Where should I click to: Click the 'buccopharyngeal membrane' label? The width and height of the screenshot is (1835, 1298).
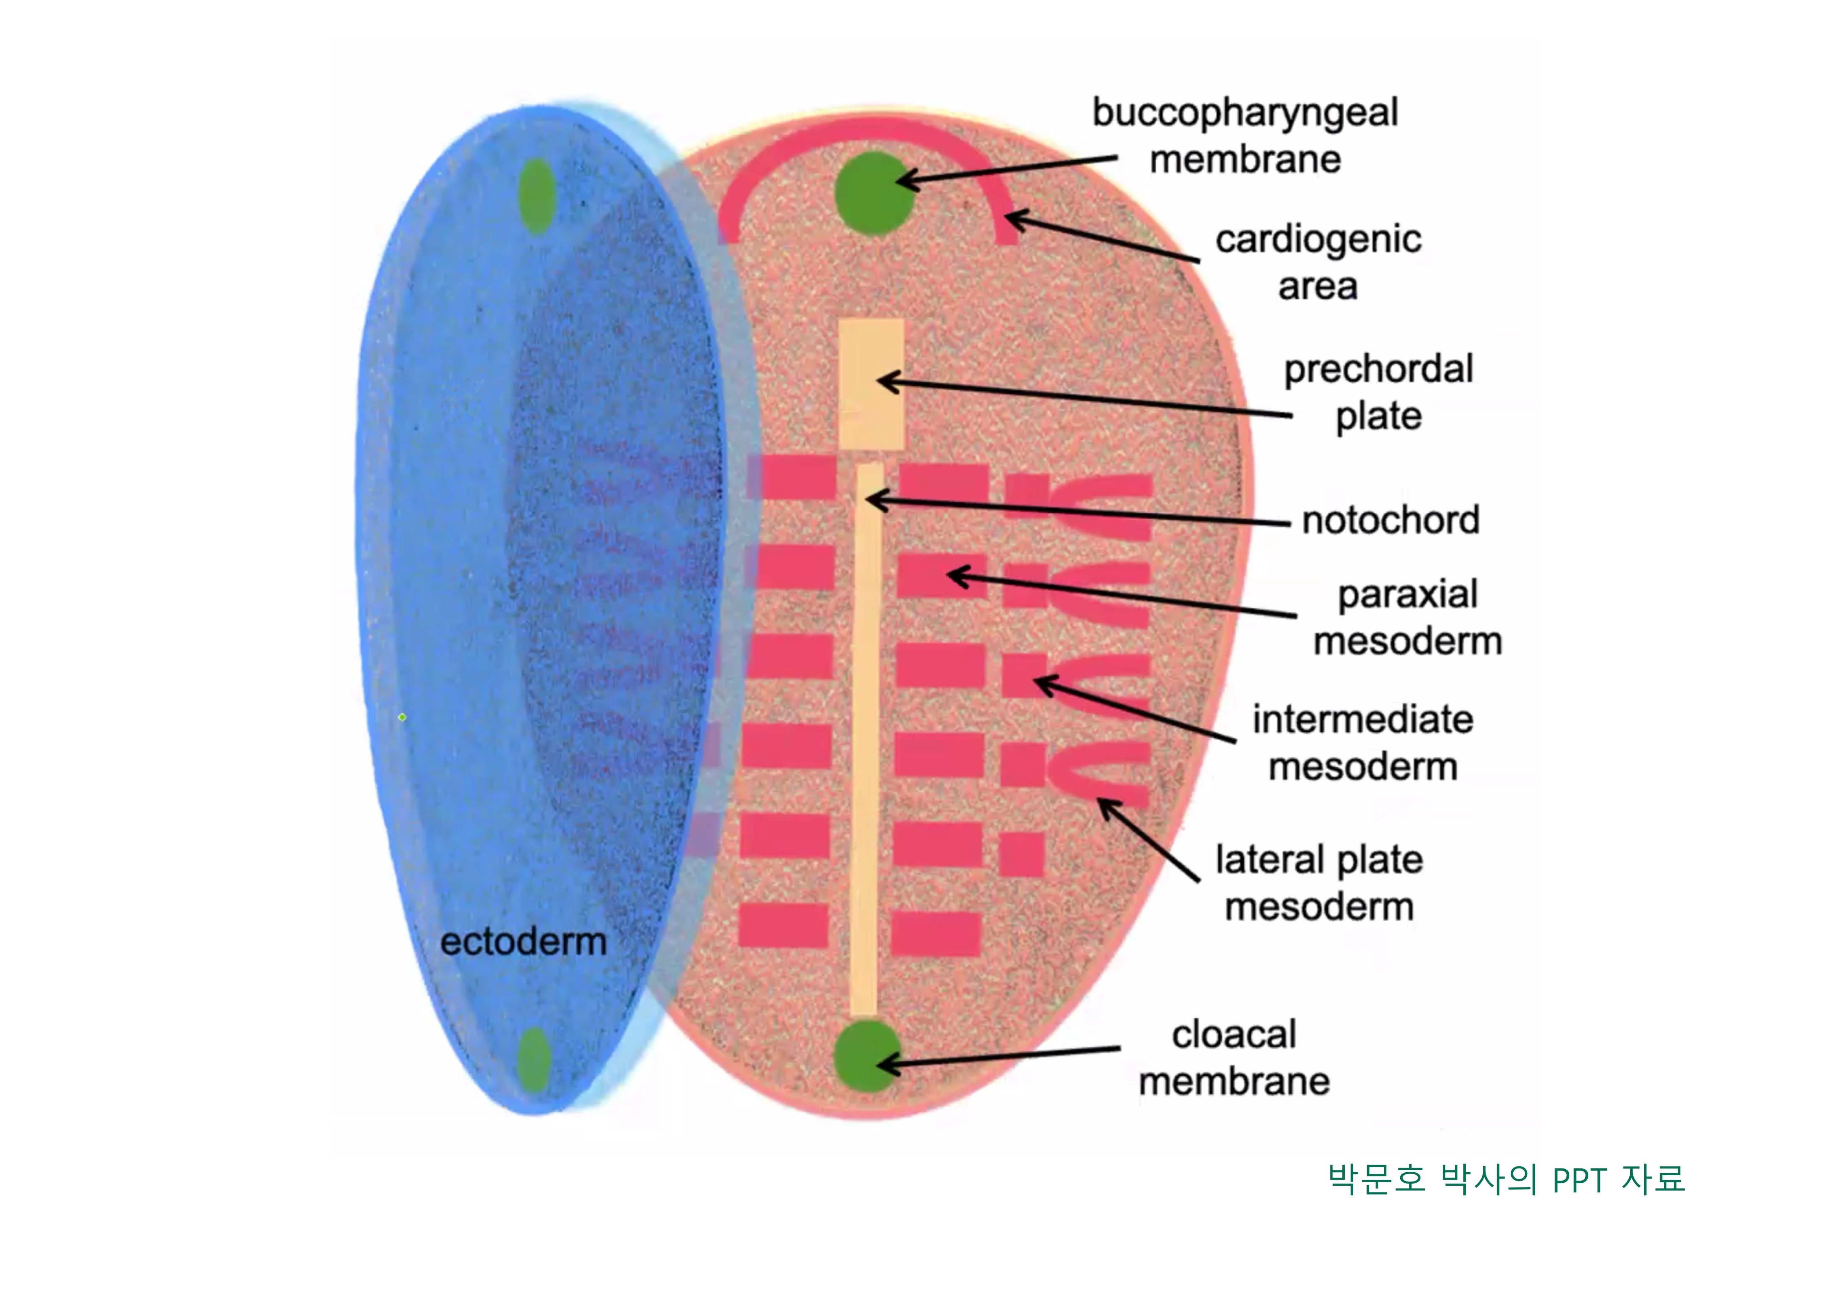(1245, 136)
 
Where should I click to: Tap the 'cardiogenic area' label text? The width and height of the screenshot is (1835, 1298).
(1318, 262)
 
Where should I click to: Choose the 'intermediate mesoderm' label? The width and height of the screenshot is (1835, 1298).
(1363, 742)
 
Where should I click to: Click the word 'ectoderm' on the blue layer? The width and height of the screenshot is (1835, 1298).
(524, 941)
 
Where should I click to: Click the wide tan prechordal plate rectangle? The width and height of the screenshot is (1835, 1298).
(871, 384)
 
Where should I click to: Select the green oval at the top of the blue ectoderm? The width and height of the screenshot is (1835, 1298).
(536, 196)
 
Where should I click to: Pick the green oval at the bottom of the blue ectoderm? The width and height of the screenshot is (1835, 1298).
(534, 1059)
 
